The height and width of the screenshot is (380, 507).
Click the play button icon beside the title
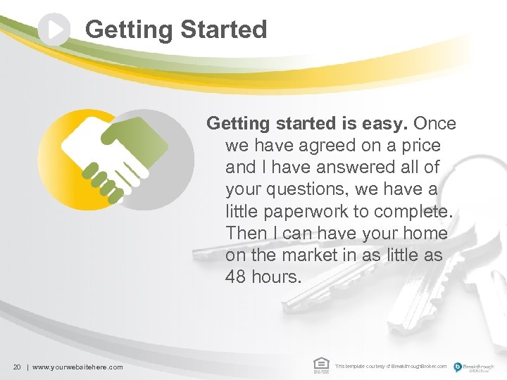point(54,30)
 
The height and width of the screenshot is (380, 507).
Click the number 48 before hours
point(237,277)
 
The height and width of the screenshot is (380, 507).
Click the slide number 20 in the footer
point(18,367)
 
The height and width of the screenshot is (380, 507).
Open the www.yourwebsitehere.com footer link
point(77,367)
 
